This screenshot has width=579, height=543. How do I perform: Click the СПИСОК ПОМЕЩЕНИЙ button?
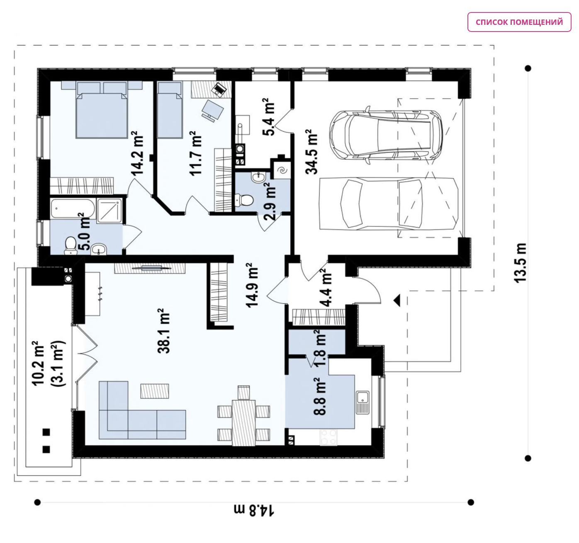tap(519, 22)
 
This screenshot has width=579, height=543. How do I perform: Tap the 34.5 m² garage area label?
tap(311, 152)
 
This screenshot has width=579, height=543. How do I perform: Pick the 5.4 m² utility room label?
tap(268, 117)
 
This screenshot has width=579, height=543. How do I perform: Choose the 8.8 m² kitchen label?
tap(319, 396)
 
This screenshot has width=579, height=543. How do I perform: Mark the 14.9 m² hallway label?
tap(252, 285)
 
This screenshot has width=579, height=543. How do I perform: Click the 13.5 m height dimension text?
tap(520, 263)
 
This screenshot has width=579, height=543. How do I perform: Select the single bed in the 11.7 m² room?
tap(170, 109)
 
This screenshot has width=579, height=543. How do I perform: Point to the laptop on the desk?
tap(219, 89)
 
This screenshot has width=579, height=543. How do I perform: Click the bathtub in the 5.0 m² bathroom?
tap(73, 208)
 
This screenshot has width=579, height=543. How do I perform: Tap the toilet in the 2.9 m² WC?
tap(244, 200)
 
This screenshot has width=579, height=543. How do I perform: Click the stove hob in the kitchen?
tap(328, 437)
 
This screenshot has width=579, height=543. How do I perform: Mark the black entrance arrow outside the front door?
tap(397, 300)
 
